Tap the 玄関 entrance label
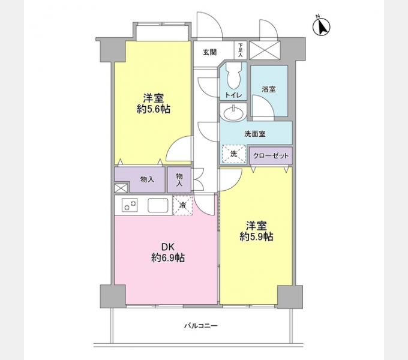[209, 52]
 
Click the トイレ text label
[234, 95]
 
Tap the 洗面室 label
[255, 134]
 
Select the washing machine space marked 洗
[234, 154]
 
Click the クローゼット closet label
[271, 156]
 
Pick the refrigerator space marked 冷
[182, 205]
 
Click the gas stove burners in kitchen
[130, 205]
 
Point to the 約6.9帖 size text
[168, 259]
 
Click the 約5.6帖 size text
[154, 109]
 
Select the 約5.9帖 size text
[257, 237]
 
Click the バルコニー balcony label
[201, 326]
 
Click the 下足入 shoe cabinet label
[240, 49]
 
